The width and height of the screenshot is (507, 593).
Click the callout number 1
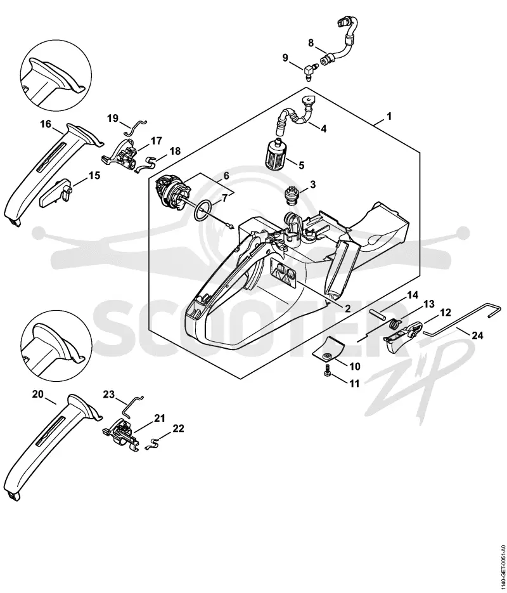390,116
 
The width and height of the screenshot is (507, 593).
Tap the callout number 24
477,335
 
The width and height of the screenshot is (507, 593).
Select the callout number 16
46,124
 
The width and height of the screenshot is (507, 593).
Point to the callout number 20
38,394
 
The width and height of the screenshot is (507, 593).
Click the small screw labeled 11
328,373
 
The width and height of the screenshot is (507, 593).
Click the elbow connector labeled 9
310,70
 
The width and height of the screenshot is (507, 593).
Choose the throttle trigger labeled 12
402,336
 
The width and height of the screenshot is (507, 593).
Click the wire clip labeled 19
135,127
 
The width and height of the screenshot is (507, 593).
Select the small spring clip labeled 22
153,444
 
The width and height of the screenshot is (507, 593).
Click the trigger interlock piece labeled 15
56,193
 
